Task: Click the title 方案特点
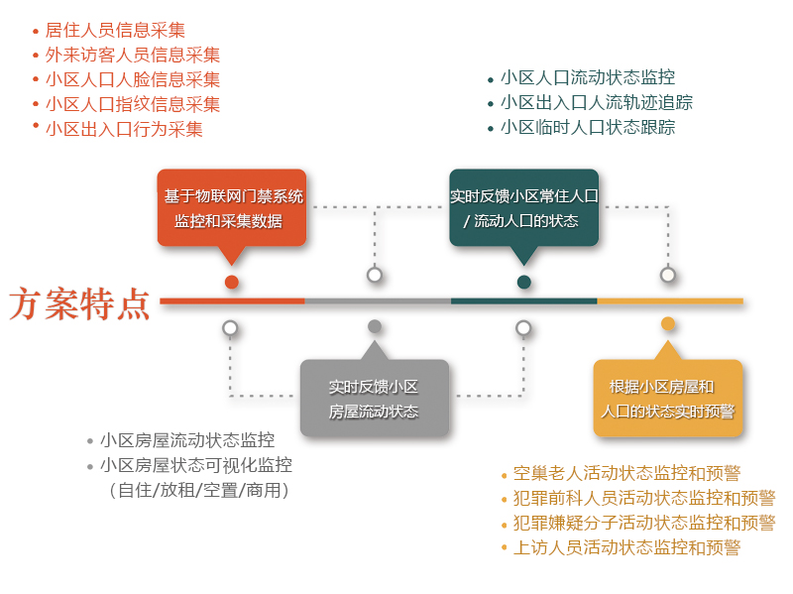point(79,303)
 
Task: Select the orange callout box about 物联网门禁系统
point(232,208)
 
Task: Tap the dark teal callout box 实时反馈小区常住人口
point(524,208)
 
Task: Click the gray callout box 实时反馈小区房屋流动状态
point(375,398)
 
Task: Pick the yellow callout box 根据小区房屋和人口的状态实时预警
point(667,398)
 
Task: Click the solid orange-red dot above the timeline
point(232,282)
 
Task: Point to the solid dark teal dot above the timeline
point(524,282)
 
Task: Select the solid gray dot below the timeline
point(375,326)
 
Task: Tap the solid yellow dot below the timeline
point(668,324)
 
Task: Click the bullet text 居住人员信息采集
point(115,31)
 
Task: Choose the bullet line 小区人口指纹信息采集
point(133,104)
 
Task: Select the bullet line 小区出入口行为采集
point(124,129)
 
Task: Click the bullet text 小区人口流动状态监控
point(588,77)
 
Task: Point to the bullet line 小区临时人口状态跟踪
point(588,127)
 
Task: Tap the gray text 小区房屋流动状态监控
point(187,440)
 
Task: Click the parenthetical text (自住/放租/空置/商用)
point(199,490)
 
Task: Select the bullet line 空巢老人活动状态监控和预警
point(626,474)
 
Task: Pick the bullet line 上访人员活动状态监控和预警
point(626,547)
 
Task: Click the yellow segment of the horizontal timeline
point(670,301)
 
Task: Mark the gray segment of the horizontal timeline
point(378,301)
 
